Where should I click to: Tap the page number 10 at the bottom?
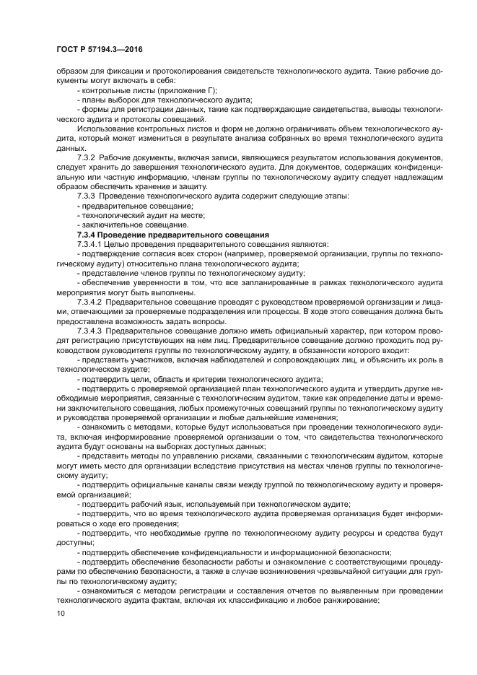(x=60, y=613)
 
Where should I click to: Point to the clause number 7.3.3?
(x=87, y=196)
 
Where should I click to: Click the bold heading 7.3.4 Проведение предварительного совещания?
(x=172, y=235)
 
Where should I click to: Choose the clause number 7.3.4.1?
(x=90, y=245)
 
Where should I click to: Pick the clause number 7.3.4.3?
(x=90, y=331)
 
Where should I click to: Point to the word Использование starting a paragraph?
(x=106, y=129)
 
